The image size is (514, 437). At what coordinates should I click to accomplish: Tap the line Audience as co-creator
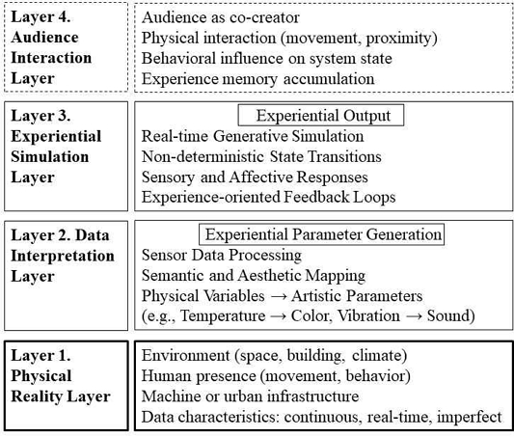pyautogui.click(x=220, y=17)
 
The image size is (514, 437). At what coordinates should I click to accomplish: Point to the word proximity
pyautogui.click(x=401, y=39)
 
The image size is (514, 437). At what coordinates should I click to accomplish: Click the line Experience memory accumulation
pyautogui.click(x=257, y=79)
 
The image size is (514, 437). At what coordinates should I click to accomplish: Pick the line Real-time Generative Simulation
pyautogui.click(x=253, y=136)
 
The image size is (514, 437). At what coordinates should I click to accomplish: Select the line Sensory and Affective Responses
pyautogui.click(x=255, y=178)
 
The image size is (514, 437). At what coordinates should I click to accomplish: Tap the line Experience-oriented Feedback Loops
pyautogui.click(x=268, y=198)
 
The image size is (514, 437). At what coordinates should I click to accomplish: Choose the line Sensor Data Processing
pyautogui.click(x=222, y=256)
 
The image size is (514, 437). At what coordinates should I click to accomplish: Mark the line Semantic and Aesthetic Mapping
pyautogui.click(x=254, y=276)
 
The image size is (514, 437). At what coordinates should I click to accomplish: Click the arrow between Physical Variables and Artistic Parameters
pyautogui.click(x=278, y=296)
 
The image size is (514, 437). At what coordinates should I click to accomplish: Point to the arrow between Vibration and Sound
pyautogui.click(x=414, y=316)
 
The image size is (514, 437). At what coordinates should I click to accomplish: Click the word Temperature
pyautogui.click(x=223, y=316)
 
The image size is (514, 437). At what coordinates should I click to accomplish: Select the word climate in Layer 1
pyautogui.click(x=380, y=356)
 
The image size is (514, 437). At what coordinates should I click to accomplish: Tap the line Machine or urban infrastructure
pyautogui.click(x=250, y=396)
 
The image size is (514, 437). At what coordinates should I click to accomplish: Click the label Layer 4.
pyautogui.click(x=41, y=17)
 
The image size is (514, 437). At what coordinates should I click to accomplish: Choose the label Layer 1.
pyautogui.click(x=41, y=356)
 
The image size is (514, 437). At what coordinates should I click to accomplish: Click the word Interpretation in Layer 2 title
pyautogui.click(x=63, y=256)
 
